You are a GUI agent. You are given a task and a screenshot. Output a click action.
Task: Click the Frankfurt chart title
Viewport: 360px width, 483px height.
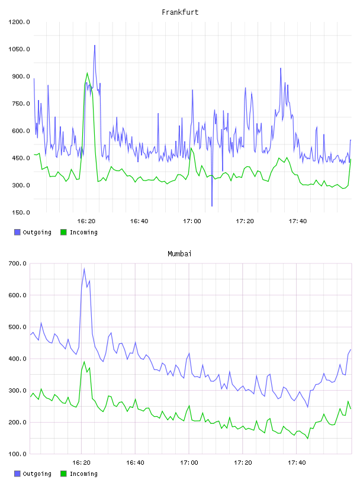(x=180, y=12)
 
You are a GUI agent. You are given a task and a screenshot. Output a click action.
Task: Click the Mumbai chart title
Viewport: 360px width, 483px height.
(x=179, y=254)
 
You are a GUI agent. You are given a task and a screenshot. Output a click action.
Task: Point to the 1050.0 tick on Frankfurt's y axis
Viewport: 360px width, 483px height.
(x=19, y=49)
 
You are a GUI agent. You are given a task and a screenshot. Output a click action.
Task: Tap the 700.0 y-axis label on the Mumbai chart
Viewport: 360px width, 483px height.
(x=17, y=263)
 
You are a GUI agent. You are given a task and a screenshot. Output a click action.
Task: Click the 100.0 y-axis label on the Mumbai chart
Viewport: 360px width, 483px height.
(x=17, y=454)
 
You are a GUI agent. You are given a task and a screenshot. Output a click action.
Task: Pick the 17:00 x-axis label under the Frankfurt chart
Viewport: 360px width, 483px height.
(x=192, y=221)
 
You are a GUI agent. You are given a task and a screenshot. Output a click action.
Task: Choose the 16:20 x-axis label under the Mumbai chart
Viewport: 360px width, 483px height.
(x=81, y=463)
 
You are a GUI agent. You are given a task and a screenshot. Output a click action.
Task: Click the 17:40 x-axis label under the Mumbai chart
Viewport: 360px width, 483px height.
(x=297, y=463)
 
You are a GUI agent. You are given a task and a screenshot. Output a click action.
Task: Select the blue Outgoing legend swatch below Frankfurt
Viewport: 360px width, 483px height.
(x=17, y=232)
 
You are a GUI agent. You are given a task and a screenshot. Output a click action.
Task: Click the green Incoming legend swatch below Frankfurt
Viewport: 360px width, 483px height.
(x=63, y=232)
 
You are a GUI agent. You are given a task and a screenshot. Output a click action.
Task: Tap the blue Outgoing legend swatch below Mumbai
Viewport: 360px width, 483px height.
(x=17, y=474)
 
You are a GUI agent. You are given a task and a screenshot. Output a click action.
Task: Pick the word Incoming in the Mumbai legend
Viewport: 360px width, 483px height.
(x=83, y=474)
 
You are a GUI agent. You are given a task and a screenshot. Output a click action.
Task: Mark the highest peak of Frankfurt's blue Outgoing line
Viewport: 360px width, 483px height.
(x=95, y=45)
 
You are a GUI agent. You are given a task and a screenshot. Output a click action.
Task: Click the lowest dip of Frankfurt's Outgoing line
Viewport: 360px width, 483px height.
(x=212, y=206)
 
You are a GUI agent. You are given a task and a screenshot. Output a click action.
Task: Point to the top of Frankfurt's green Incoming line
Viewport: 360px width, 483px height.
(x=87, y=73)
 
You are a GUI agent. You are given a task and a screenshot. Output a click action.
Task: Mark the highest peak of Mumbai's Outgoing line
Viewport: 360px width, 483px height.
(x=84, y=269)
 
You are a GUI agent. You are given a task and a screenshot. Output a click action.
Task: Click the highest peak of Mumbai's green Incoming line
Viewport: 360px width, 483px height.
(x=84, y=362)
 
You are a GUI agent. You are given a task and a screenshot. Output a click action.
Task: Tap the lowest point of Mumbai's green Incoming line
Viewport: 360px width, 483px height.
(x=308, y=439)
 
